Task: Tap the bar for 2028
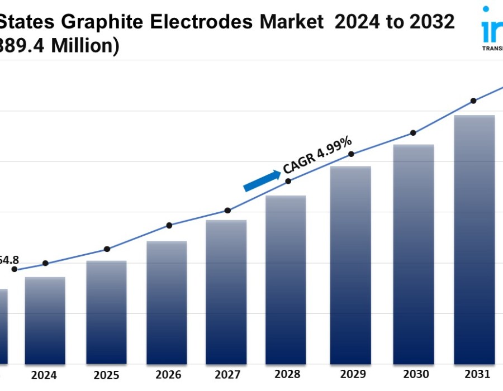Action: (x=286, y=279)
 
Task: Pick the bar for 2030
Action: (x=414, y=254)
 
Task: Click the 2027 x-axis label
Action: (x=226, y=375)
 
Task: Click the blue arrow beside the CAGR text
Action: (x=262, y=180)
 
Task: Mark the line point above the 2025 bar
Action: (x=107, y=249)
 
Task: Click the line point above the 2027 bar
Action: (x=227, y=211)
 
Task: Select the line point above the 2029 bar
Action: (x=351, y=154)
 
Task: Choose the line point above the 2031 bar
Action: (x=473, y=101)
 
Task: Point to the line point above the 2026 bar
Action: (x=169, y=225)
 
